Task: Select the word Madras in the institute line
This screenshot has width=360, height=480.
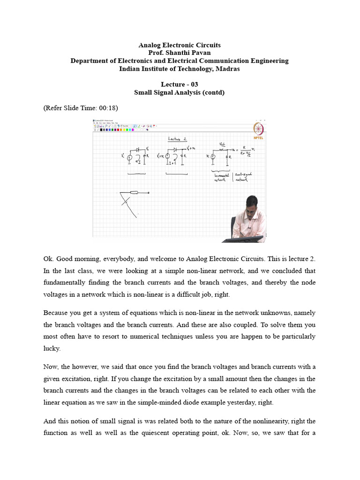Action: [x=227, y=69]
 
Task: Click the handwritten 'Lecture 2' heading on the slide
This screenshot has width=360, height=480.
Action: [x=178, y=139]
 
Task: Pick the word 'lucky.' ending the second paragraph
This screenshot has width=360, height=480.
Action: [x=52, y=349]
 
